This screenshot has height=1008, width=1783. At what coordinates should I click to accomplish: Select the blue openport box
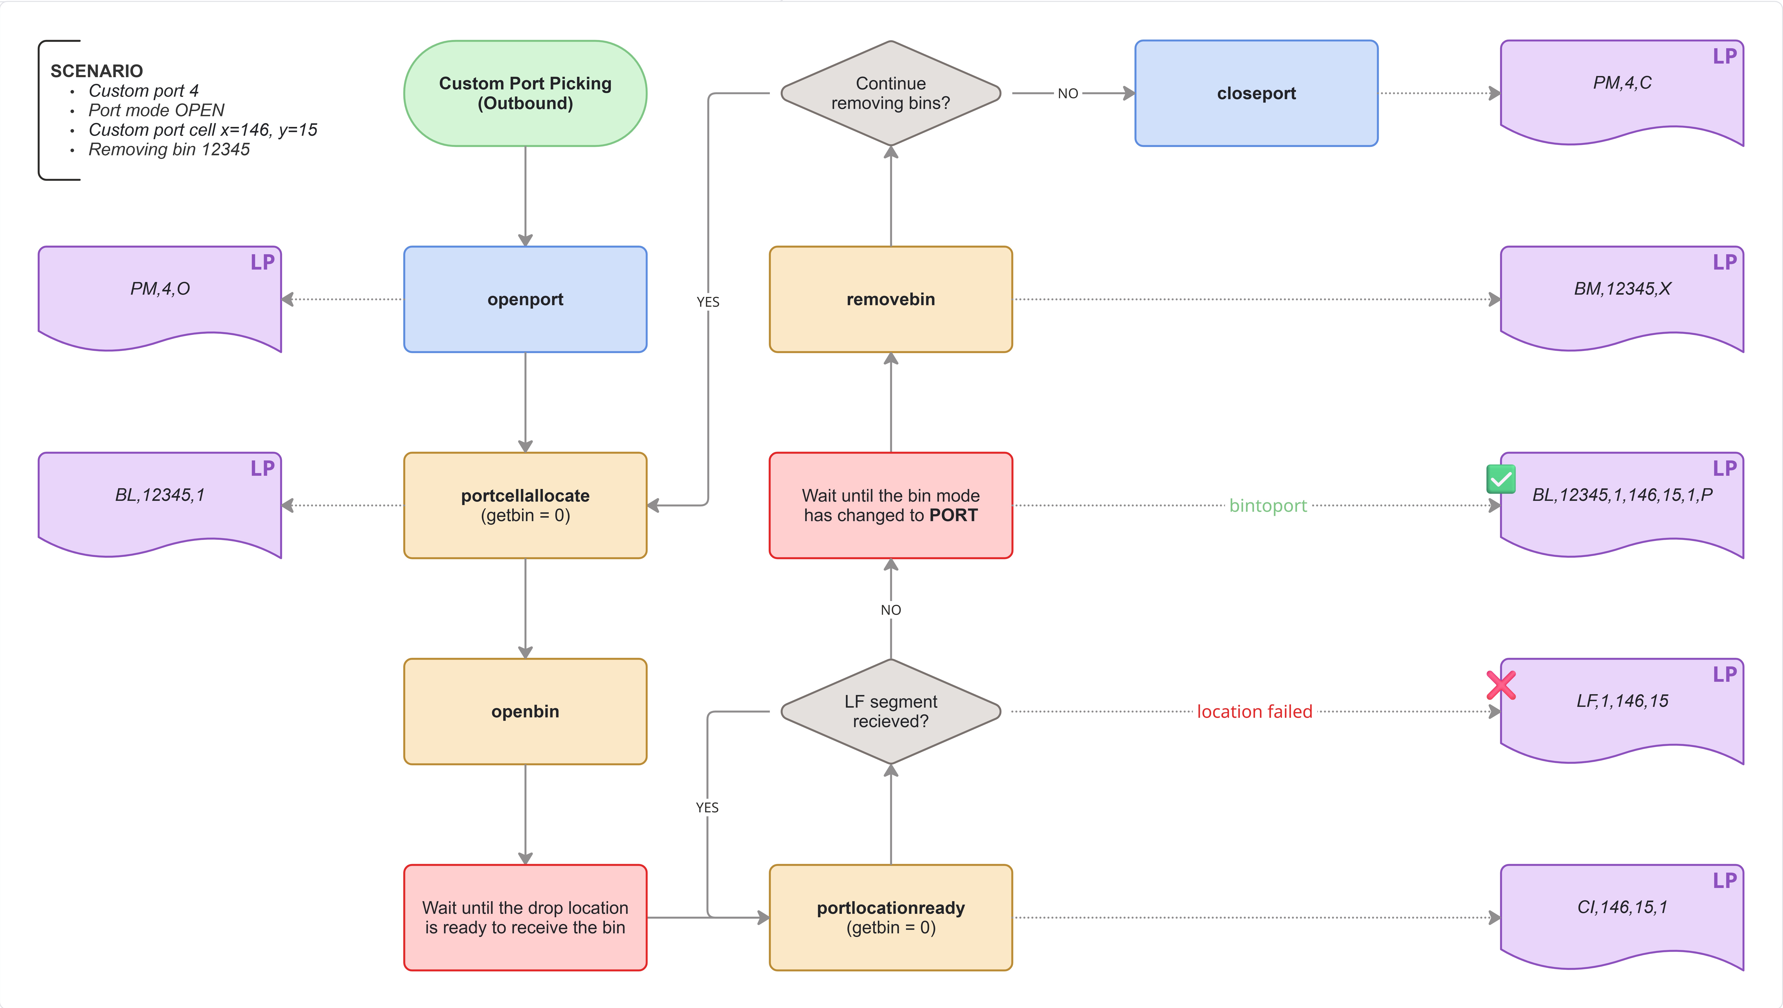tap(525, 299)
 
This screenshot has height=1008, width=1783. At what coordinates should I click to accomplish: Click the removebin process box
tap(891, 299)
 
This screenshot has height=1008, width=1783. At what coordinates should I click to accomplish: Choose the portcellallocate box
tap(525, 505)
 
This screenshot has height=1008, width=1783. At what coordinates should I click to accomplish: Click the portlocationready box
tap(891, 917)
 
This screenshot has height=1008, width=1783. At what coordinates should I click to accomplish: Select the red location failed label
tap(1254, 712)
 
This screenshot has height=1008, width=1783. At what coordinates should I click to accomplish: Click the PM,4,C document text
tap(1622, 83)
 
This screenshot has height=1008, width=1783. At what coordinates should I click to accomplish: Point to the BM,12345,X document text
tap(1622, 289)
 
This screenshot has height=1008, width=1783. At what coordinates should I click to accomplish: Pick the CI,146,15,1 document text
tap(1622, 907)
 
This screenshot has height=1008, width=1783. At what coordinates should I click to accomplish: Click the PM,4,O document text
tap(160, 289)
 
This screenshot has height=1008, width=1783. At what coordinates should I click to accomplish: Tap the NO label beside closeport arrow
tap(1067, 93)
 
